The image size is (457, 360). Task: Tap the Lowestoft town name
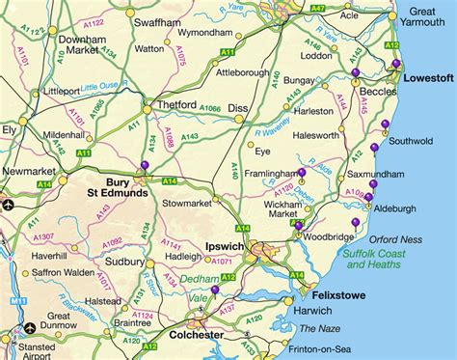(428, 77)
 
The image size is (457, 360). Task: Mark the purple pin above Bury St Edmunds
(145, 165)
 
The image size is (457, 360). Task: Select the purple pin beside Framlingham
(302, 173)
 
